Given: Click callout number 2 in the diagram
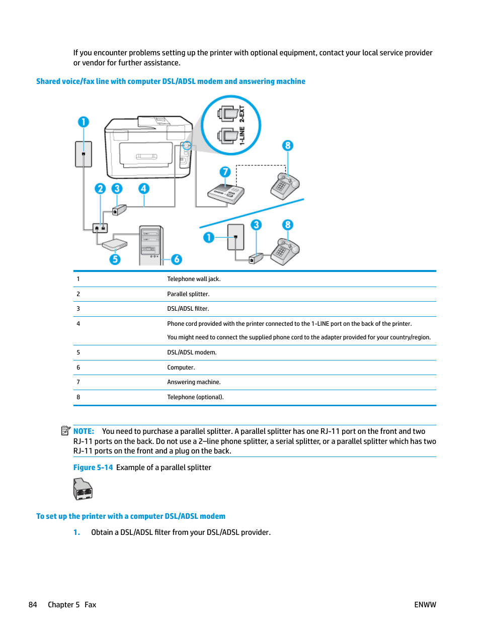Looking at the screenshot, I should [x=100, y=189].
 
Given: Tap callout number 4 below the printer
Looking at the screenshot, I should [x=144, y=189].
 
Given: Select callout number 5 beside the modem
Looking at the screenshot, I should [x=115, y=259].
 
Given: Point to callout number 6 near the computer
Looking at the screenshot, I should [x=176, y=259].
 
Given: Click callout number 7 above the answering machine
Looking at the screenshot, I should [x=225, y=172].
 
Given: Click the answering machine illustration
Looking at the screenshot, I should [x=226, y=193].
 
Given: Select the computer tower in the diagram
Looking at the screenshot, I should [x=151, y=245].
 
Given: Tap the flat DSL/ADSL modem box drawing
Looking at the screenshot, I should [x=115, y=244].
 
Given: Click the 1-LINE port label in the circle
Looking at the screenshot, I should [x=242, y=136].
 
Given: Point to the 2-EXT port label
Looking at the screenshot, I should [x=242, y=114].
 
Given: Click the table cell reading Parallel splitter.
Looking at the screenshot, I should [x=188, y=294].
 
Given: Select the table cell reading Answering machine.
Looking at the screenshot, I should [x=194, y=382].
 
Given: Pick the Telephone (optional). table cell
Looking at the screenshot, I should [x=195, y=397].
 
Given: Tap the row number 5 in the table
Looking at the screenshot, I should [x=78, y=352].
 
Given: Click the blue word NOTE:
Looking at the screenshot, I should [x=84, y=431].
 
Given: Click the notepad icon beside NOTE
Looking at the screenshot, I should [x=66, y=430].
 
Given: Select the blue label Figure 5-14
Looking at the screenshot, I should [x=93, y=468].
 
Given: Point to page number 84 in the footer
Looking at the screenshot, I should [x=33, y=605].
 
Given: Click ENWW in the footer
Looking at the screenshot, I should [x=425, y=605].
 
